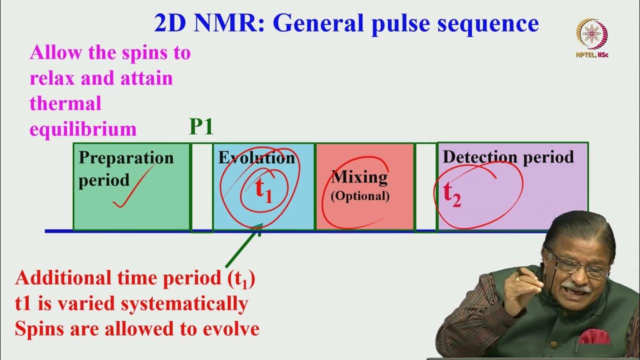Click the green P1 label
click(201, 127)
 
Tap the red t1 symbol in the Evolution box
click(263, 190)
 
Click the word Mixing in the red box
click(359, 177)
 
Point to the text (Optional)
click(360, 196)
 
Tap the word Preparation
click(126, 158)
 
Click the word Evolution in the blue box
click(256, 158)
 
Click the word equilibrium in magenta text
click(83, 129)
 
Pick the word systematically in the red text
click(194, 303)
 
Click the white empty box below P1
click(201, 187)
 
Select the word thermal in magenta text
click(65, 103)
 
